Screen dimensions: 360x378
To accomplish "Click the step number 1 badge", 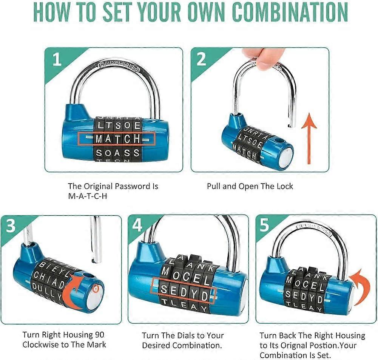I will [57, 60].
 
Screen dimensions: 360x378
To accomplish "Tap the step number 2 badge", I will [201, 60].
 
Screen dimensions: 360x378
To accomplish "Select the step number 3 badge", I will [11, 227].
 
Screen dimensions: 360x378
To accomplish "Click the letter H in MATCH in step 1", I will [137, 139].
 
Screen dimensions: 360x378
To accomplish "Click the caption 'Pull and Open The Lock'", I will [250, 186].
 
